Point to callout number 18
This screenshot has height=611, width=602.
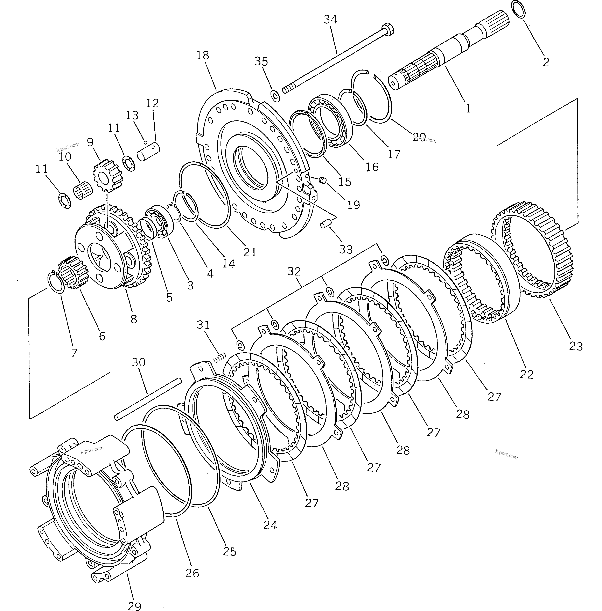[203, 55]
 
